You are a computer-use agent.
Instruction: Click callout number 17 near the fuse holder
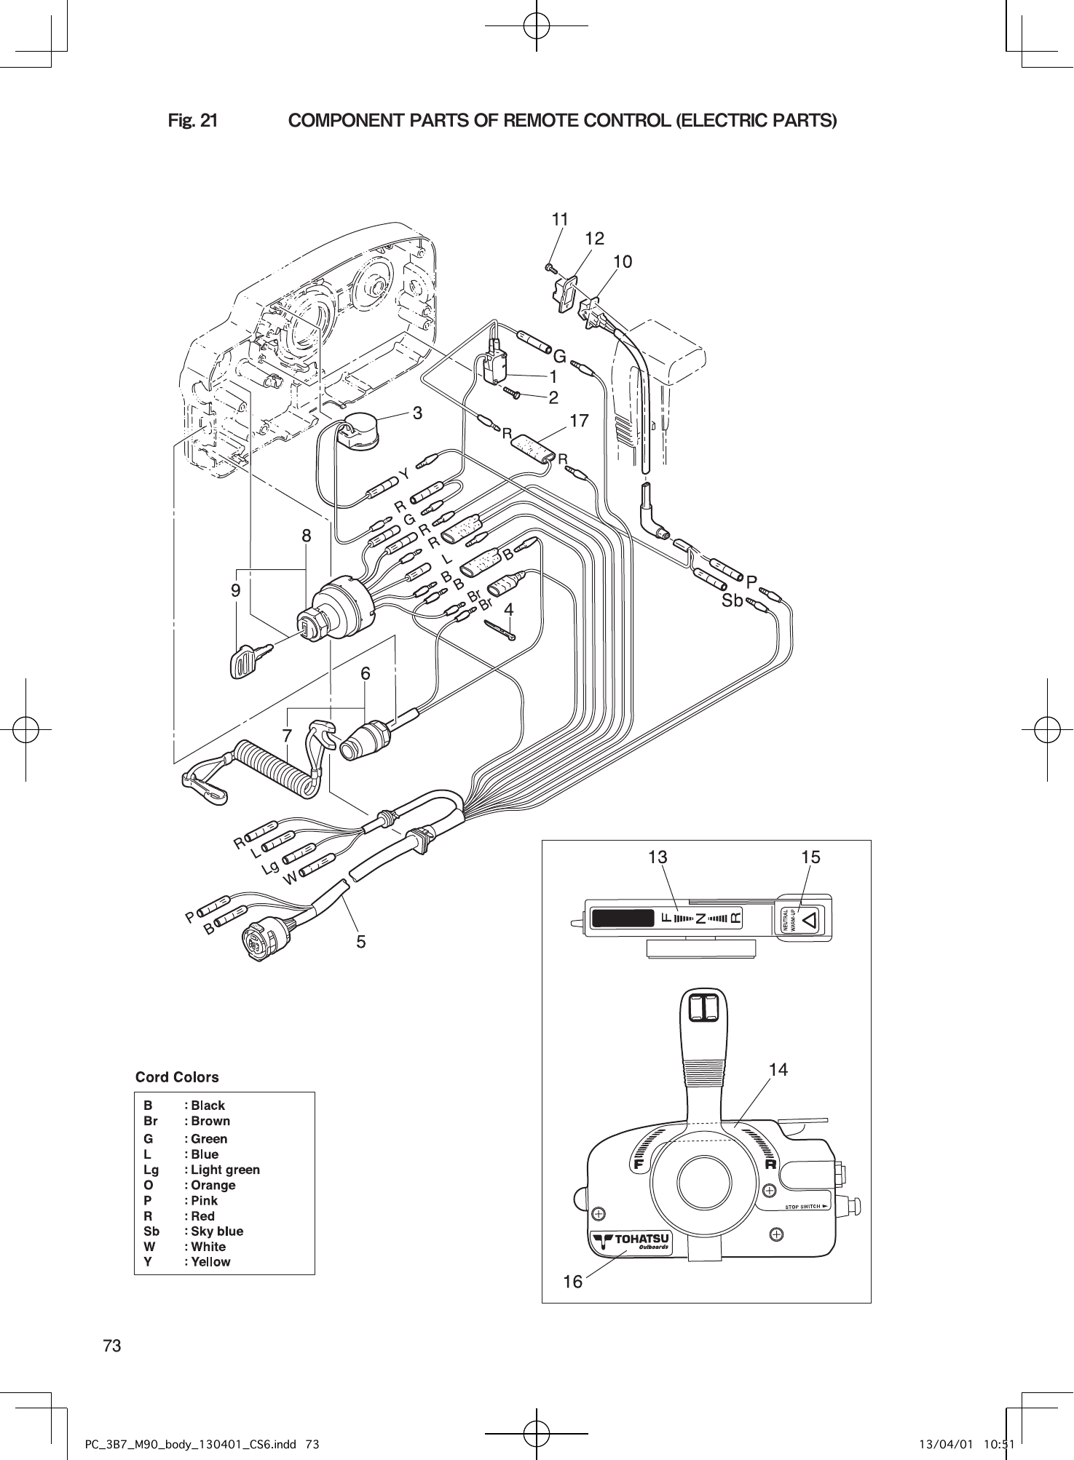579,421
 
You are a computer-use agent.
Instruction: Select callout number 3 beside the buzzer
417,413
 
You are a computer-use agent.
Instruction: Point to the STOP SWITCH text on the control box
807,1207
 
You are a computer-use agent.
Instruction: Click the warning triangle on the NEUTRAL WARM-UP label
810,919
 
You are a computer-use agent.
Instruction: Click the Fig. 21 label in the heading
192,120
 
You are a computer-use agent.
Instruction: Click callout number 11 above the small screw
559,219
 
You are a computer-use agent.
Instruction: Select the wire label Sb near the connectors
732,601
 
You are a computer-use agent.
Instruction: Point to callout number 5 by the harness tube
361,942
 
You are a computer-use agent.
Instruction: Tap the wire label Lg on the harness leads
271,868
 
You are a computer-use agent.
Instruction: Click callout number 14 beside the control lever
778,1069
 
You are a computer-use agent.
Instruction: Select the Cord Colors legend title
177,1077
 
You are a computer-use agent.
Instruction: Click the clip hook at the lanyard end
204,787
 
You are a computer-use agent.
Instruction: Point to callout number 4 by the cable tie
509,609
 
